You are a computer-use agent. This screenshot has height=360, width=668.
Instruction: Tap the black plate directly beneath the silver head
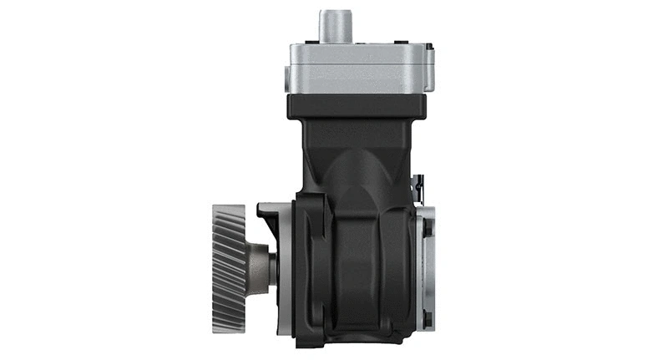(357, 105)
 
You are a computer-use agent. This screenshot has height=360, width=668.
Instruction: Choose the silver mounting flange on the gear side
(284, 267)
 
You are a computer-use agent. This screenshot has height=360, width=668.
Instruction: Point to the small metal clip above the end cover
(420, 189)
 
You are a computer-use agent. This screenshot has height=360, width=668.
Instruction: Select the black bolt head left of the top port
(311, 39)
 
